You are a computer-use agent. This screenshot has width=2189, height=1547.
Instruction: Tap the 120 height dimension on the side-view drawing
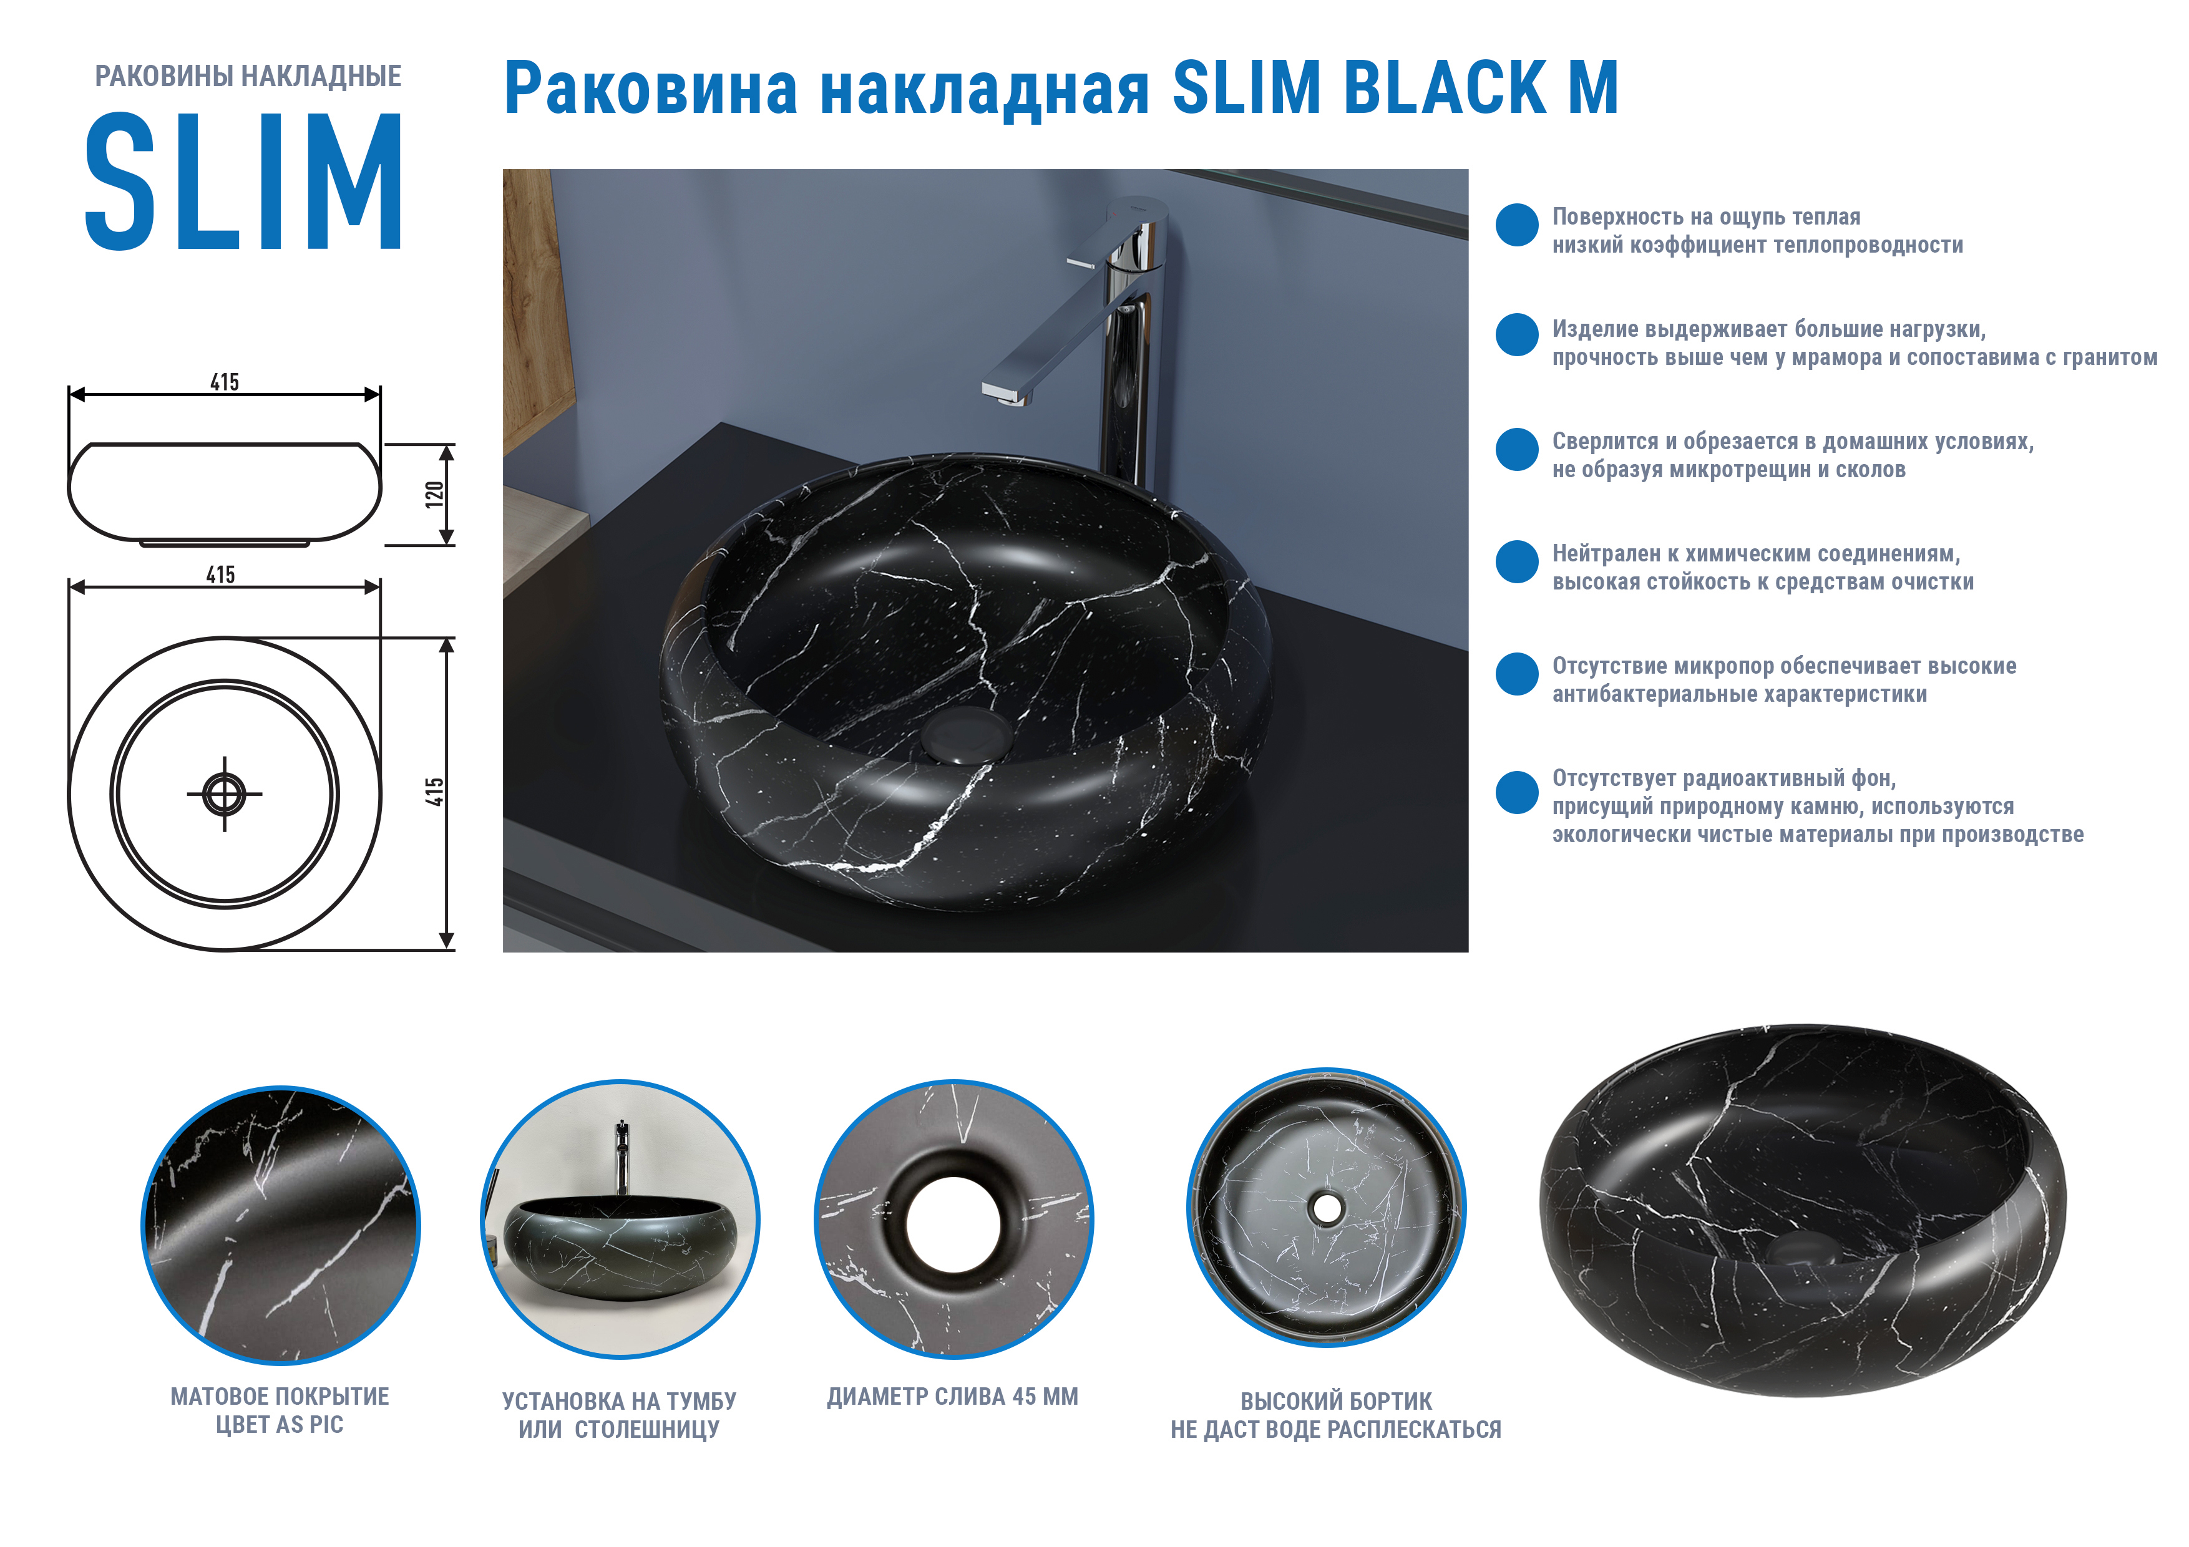pyautogui.click(x=435, y=494)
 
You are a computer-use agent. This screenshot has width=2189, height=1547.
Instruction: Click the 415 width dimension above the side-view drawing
pyautogui.click(x=225, y=382)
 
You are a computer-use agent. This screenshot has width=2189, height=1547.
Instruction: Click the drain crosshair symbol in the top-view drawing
pyautogui.click(x=224, y=793)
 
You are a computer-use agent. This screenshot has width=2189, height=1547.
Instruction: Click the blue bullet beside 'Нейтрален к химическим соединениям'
pyautogui.click(x=1517, y=561)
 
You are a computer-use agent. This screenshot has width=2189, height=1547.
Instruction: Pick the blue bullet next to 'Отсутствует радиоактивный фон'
pyautogui.click(x=1517, y=792)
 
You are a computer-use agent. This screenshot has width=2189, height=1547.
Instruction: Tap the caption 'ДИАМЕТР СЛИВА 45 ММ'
pyautogui.click(x=952, y=1397)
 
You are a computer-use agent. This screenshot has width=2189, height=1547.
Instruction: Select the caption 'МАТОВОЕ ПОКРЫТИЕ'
pyautogui.click(x=280, y=1397)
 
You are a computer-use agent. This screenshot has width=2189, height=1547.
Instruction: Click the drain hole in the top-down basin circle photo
pyautogui.click(x=1326, y=1208)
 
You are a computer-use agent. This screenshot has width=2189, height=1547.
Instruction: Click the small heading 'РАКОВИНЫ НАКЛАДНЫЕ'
pyautogui.click(x=248, y=76)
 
